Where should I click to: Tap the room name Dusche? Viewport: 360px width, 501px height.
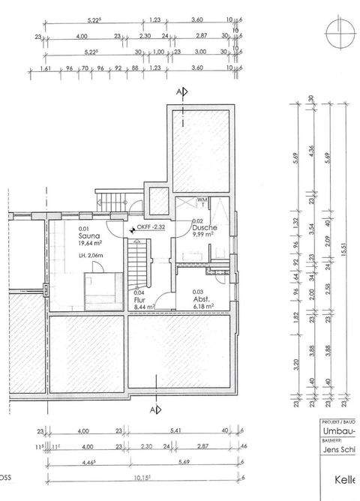pyautogui.click(x=203, y=227)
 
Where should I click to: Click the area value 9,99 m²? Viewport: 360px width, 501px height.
pyautogui.click(x=202, y=235)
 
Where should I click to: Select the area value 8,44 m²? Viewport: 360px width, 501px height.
pyautogui.click(x=143, y=307)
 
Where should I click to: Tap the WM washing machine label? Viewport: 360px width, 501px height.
pyautogui.click(x=202, y=200)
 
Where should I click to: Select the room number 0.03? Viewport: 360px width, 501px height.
pyautogui.click(x=198, y=292)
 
